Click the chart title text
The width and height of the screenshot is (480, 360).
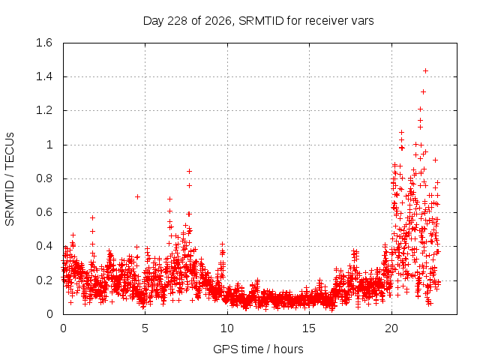click(258, 21)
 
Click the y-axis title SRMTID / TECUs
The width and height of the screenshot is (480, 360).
click(10, 179)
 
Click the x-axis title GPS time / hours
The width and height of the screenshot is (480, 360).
click(258, 349)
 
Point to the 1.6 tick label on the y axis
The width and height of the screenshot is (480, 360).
click(44, 43)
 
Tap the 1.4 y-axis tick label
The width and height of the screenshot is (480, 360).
click(44, 76)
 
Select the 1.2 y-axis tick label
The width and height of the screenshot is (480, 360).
click(44, 110)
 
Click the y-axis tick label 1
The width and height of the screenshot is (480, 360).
click(49, 145)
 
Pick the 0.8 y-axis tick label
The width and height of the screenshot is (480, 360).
click(44, 178)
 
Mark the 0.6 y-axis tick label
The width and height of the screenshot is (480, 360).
click(44, 212)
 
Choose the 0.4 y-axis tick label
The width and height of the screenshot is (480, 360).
click(44, 246)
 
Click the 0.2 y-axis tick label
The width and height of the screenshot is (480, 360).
click(44, 280)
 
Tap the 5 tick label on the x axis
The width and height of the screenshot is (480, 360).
click(145, 328)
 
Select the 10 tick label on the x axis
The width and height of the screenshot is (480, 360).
click(227, 328)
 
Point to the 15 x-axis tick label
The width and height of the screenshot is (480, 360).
click(309, 328)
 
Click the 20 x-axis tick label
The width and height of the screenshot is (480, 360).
click(391, 328)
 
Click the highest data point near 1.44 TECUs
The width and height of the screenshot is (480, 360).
click(425, 71)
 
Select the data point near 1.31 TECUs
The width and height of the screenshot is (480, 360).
click(423, 91)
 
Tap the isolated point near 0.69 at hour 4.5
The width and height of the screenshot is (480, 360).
click(137, 196)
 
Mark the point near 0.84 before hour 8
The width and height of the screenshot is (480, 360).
click(189, 172)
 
